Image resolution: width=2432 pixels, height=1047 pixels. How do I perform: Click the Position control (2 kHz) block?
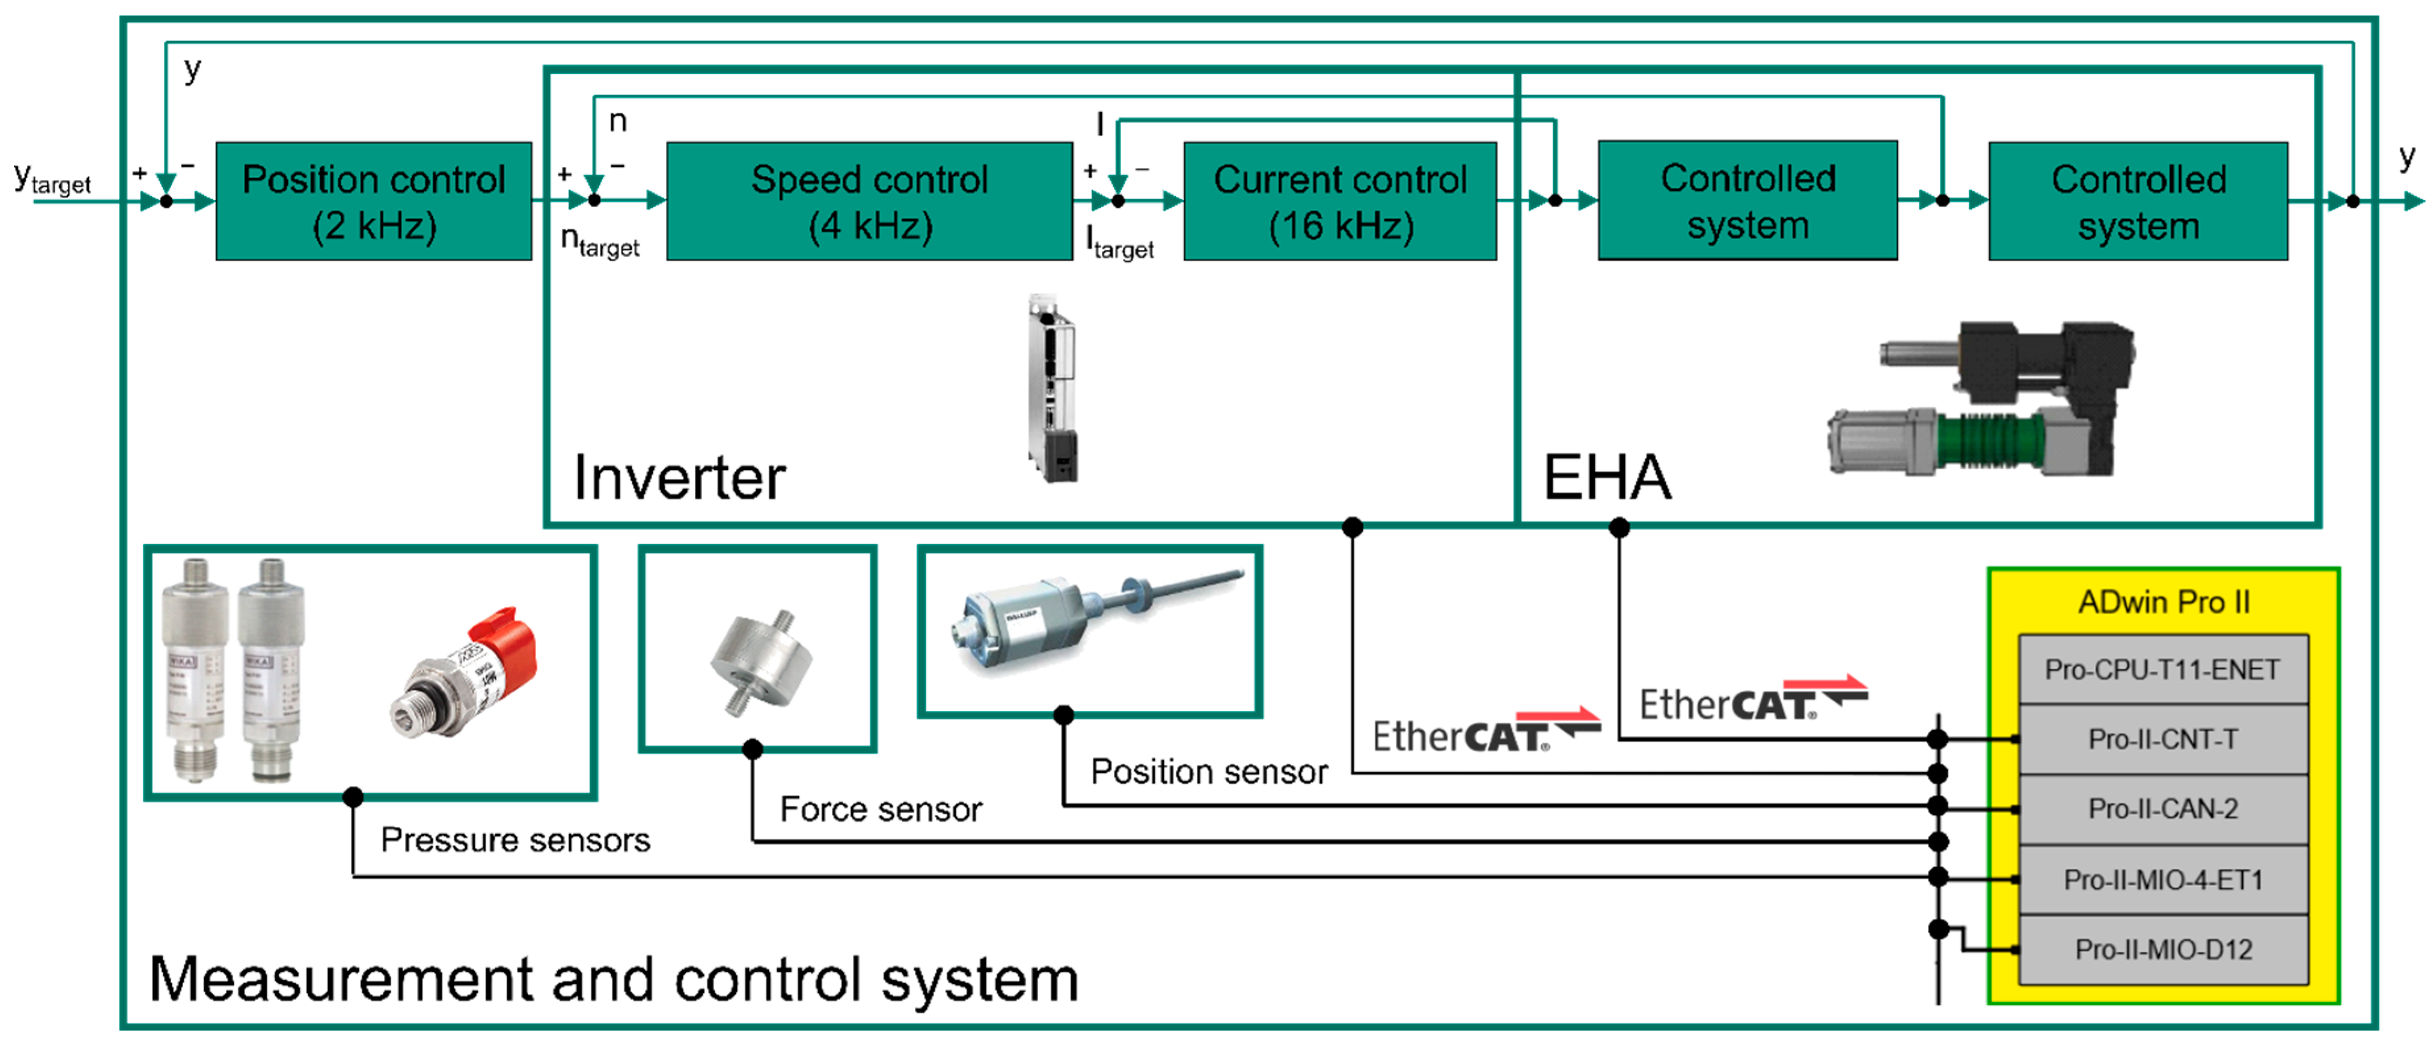tap(374, 201)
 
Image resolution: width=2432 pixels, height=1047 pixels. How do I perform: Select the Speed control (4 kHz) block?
tap(870, 201)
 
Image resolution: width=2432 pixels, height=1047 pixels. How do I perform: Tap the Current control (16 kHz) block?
tap(1340, 201)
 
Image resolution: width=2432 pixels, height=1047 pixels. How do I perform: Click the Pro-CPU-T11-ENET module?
tap(2162, 669)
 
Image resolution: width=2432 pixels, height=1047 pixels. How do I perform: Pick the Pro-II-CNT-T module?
tap(2162, 739)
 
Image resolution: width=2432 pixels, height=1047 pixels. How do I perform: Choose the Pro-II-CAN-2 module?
tap(2162, 809)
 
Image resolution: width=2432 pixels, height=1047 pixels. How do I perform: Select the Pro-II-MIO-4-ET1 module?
tap(2162, 880)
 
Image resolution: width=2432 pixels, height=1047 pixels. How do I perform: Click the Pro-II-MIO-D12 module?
tap(2162, 949)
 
